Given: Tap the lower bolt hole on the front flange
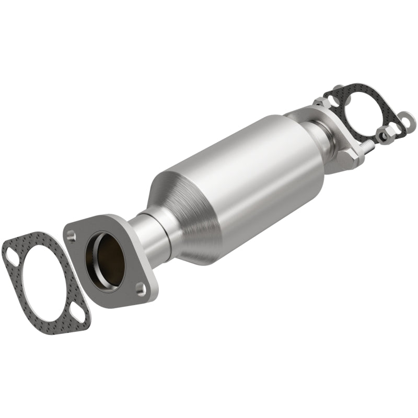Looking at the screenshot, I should click(140, 287).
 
